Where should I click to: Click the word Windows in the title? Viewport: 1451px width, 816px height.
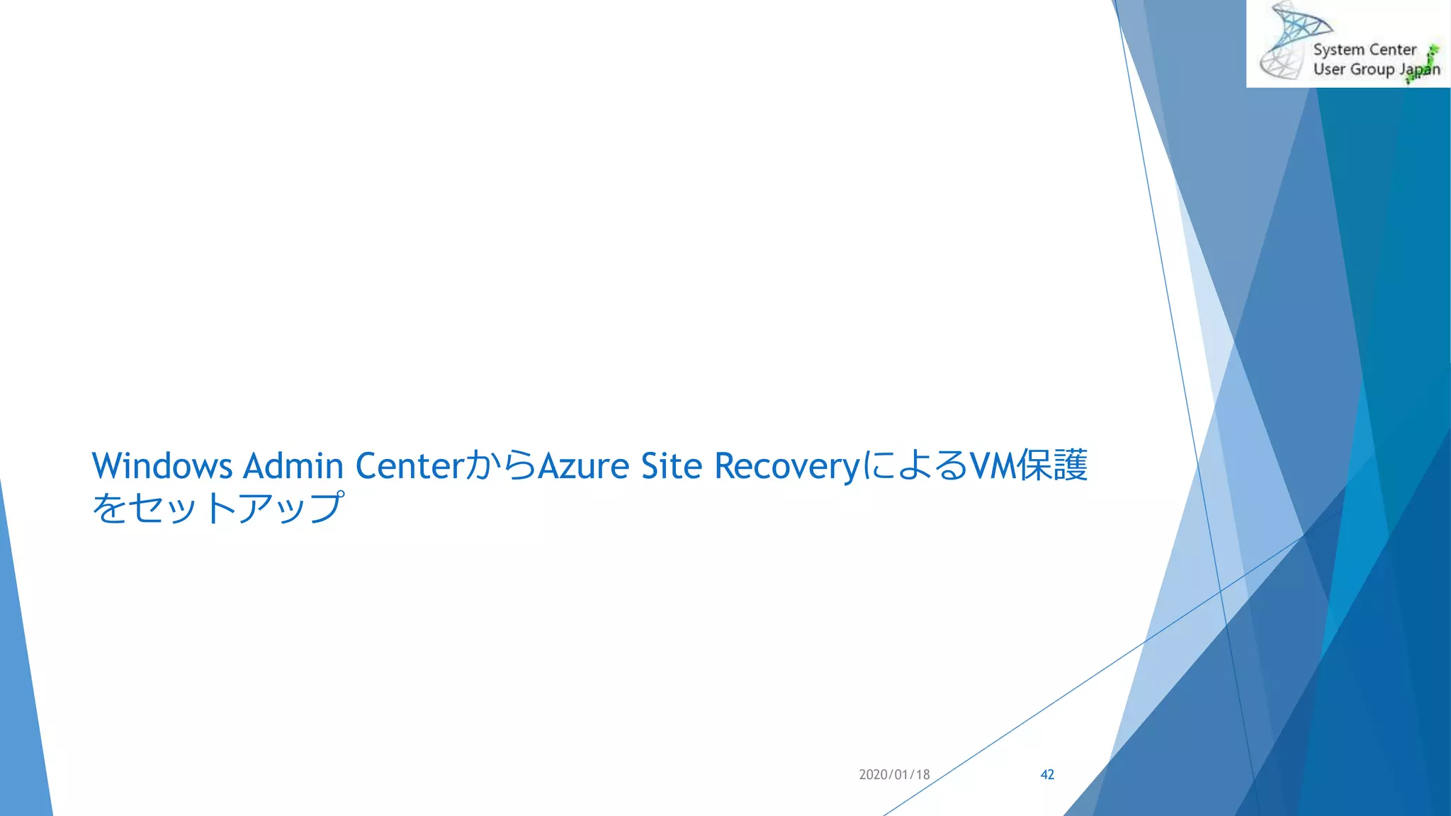tap(162, 466)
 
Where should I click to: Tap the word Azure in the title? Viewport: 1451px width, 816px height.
tap(583, 466)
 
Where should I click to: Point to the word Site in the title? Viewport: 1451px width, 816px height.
tap(671, 466)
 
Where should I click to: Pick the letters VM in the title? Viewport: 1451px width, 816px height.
tap(992, 466)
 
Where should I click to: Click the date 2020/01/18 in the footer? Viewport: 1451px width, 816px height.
tap(894, 775)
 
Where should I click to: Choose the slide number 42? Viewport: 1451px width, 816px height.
tap(1047, 775)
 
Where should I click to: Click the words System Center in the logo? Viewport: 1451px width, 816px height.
tap(1364, 50)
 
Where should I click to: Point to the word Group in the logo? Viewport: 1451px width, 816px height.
tap(1372, 69)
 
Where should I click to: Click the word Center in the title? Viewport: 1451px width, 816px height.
tap(409, 466)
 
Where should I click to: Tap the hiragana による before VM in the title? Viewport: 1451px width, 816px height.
tap(914, 466)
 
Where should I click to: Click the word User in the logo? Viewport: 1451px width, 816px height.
tap(1328, 69)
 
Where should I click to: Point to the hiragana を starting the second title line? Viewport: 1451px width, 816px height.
tap(110, 508)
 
